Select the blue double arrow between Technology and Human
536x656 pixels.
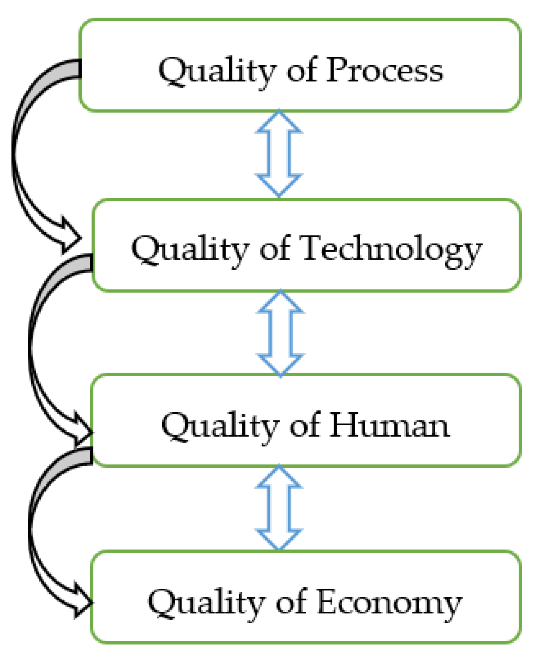pos(280,333)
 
